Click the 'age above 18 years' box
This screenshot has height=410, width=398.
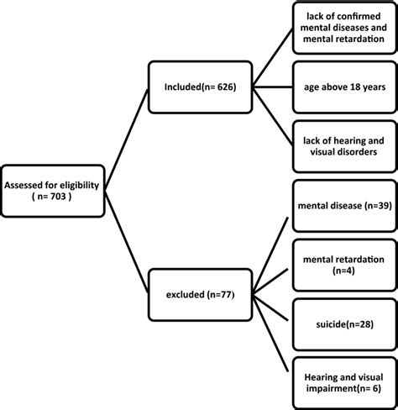344,85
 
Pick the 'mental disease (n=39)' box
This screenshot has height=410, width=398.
344,204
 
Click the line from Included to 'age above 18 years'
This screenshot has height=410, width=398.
273,85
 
